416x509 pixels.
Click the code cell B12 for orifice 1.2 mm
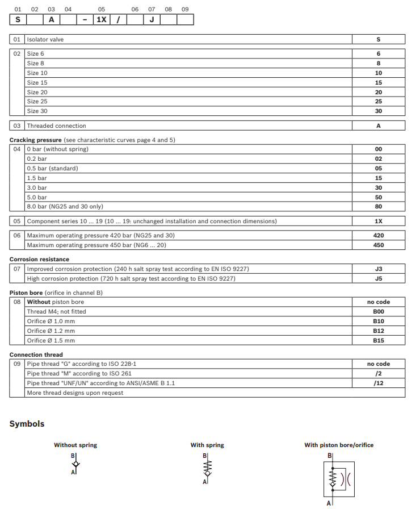coord(379,331)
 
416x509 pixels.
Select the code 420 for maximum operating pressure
coord(379,235)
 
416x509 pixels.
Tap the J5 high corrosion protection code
coord(379,278)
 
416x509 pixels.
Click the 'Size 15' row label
coord(37,82)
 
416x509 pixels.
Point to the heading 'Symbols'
coord(27,424)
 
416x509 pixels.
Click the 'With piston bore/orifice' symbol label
coord(339,445)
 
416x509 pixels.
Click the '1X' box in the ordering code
coord(101,20)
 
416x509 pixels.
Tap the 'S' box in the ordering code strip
coord(18,20)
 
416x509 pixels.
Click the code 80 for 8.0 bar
coord(379,206)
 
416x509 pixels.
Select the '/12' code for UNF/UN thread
coord(379,383)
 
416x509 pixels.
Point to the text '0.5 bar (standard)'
coord(52,168)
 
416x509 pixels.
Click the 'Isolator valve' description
coord(45,39)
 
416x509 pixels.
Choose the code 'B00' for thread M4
coord(379,311)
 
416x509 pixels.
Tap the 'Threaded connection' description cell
coord(57,126)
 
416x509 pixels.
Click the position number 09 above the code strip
coord(185,9)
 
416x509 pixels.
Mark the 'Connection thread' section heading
coord(36,354)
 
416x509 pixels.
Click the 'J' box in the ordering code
coord(152,20)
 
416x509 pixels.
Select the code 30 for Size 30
coord(379,111)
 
